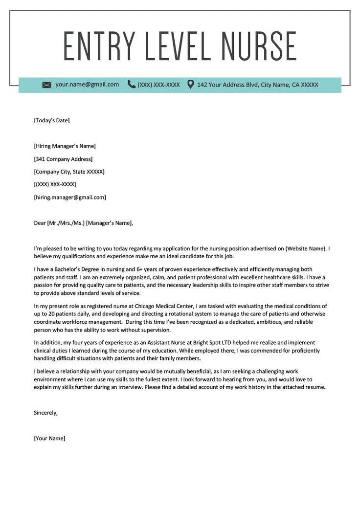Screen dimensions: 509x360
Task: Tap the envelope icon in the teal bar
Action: (46, 85)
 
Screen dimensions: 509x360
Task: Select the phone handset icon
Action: (131, 84)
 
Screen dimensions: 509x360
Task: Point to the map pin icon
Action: (190, 84)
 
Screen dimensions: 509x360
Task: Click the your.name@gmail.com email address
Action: (87, 84)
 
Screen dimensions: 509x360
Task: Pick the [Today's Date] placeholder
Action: (52, 120)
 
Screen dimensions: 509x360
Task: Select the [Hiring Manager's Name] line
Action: (65, 146)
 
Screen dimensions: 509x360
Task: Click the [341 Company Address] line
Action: (63, 159)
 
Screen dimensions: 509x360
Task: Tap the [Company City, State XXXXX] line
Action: (69, 172)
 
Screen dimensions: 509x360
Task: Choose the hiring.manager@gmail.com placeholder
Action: (70, 198)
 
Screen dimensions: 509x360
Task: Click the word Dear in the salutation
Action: (40, 223)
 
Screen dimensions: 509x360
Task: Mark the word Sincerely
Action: (45, 413)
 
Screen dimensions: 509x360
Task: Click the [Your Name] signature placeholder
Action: (49, 439)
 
